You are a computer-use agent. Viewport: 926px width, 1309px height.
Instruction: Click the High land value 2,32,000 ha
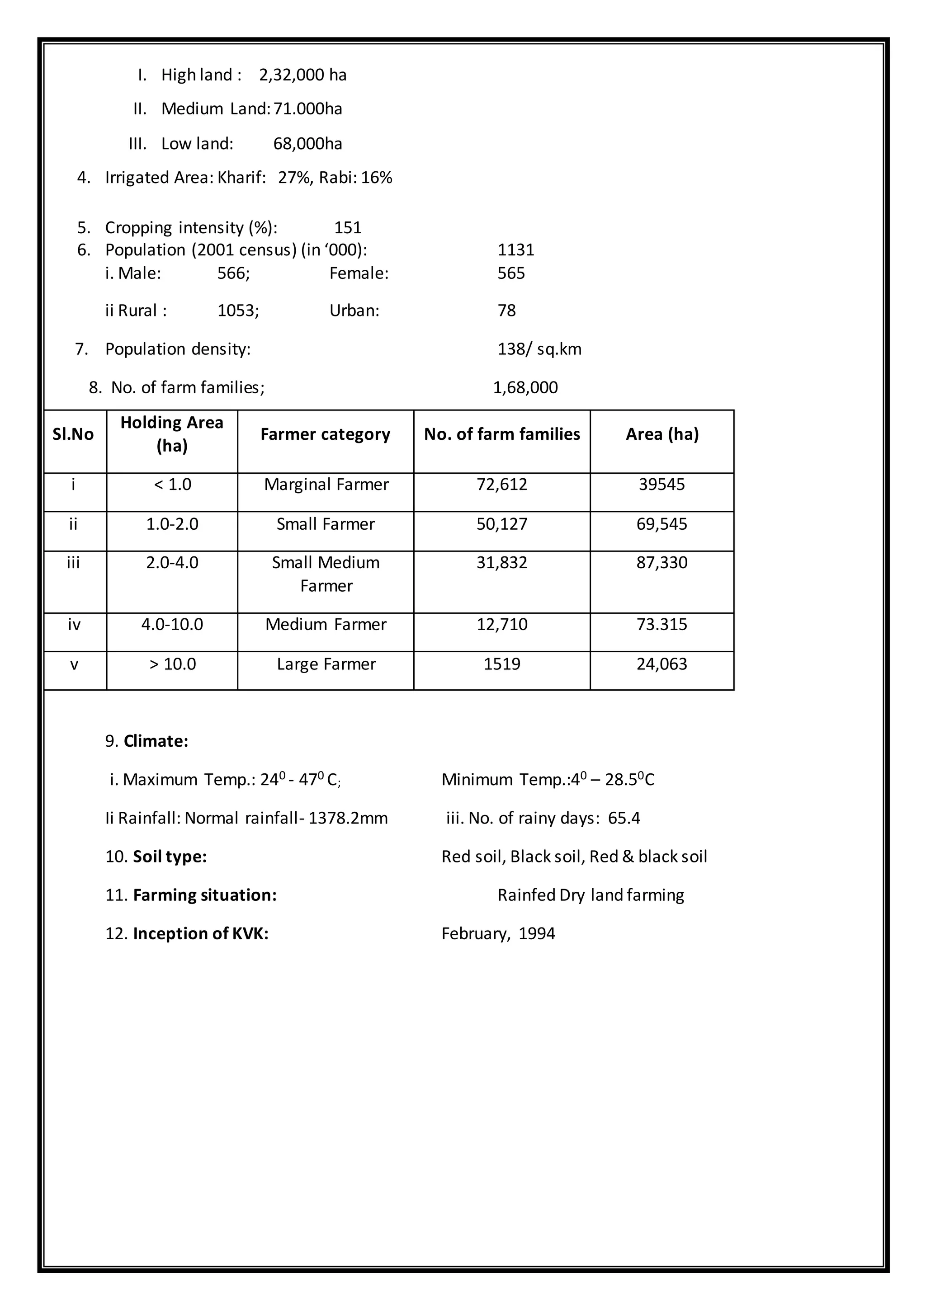[x=303, y=75]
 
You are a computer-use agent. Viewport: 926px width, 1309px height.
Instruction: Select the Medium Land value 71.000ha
[x=308, y=109]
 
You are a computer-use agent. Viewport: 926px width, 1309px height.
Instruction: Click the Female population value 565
[x=511, y=273]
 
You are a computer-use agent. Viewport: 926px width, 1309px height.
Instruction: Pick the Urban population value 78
[x=506, y=311]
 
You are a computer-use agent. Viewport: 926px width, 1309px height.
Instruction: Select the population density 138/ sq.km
[x=539, y=349]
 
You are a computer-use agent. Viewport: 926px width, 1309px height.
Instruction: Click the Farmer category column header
[x=326, y=435]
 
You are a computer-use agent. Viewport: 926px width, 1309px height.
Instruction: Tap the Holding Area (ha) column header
[x=172, y=434]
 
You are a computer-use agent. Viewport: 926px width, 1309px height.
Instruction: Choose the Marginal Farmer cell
[x=326, y=485]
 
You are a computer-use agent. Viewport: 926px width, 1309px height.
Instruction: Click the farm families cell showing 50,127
[x=502, y=524]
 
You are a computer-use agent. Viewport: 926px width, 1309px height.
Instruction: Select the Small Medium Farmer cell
[x=326, y=574]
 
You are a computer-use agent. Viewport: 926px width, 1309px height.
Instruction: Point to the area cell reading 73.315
[x=661, y=625]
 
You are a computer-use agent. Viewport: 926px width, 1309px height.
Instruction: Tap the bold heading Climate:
[x=156, y=742]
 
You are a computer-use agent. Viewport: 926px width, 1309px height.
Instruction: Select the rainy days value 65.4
[x=624, y=819]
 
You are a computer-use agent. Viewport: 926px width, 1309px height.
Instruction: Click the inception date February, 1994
[x=498, y=934]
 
